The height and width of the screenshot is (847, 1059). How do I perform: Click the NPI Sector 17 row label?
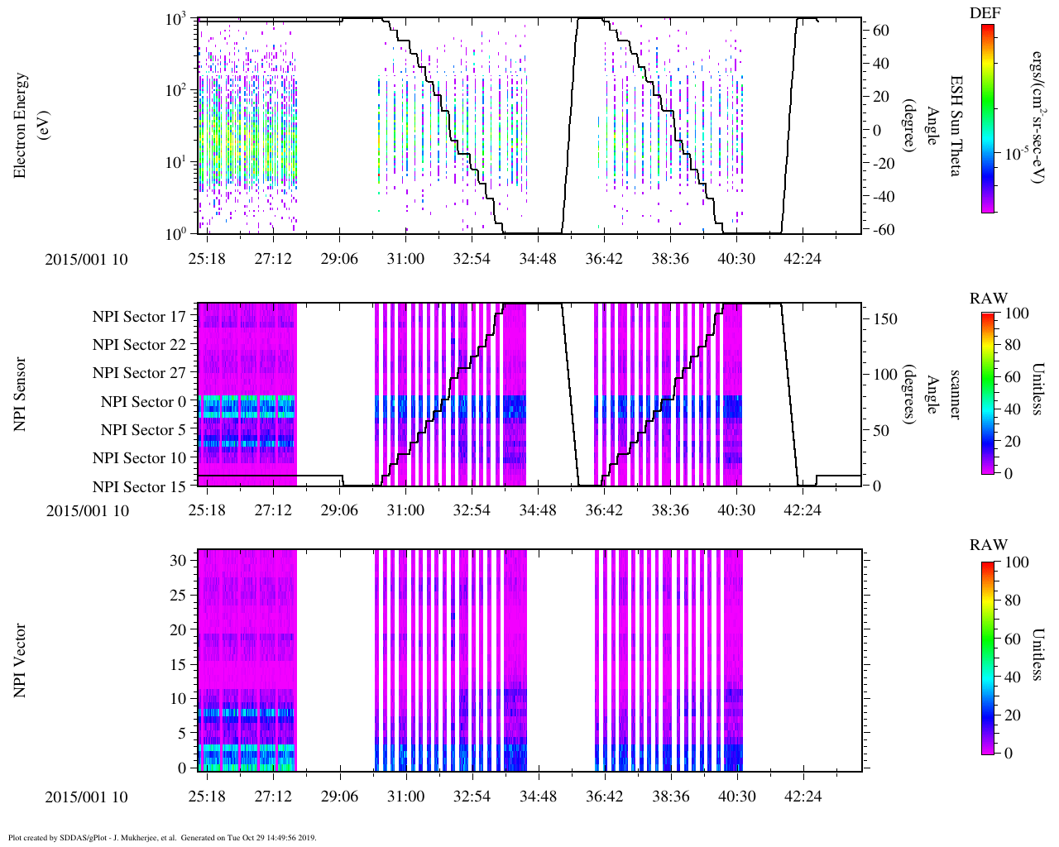139,317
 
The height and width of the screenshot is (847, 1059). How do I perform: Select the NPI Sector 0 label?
143,402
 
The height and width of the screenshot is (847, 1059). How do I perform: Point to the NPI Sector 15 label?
139,487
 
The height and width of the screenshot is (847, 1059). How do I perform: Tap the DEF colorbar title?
985,12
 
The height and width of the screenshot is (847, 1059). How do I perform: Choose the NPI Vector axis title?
20,660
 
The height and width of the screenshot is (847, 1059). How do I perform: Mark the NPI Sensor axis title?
20,394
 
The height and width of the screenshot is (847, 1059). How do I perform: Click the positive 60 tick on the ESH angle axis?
881,31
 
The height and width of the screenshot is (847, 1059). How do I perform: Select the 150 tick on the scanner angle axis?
885,319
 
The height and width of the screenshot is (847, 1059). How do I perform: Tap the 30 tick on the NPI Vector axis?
178,561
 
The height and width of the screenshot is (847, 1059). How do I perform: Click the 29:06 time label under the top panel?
339,259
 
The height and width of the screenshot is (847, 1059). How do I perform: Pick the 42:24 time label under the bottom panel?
802,797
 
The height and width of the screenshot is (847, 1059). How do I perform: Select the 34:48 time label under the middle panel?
538,510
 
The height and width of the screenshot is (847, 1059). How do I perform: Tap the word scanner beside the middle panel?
955,395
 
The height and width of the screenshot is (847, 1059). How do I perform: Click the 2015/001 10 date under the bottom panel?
87,797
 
